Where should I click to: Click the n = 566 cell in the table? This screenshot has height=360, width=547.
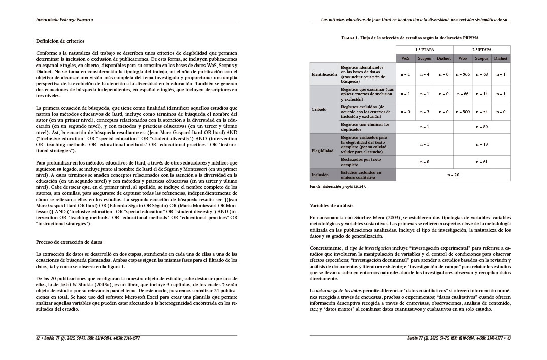pos(463,74)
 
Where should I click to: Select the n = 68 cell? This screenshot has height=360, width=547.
pos(482,74)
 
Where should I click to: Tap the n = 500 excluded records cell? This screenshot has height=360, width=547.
pos(463,112)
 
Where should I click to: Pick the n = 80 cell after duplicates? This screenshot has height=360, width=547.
pos(482,126)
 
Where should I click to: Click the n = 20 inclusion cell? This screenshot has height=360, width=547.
pos(453,175)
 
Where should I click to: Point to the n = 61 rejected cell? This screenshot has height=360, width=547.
pos(482,161)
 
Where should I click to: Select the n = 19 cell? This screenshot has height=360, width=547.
pos(482,144)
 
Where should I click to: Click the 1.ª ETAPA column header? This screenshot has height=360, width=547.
pos(424,50)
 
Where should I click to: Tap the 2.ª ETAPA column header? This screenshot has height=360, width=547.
pos(482,50)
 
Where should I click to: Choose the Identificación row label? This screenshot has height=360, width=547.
pos(324,74)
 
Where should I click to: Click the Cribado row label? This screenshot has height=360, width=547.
pos(319,109)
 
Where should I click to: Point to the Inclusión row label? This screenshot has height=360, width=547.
pos(320,175)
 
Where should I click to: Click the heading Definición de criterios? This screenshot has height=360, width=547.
pos(60,41)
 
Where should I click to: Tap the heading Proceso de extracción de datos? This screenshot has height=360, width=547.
pos(70,242)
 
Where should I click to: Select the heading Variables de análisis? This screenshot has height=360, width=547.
pos(331,205)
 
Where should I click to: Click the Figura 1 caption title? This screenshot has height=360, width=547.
pos(410,38)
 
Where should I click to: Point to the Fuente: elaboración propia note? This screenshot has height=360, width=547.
pos(337,187)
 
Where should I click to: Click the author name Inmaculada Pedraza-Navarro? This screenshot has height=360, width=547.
pos(64,20)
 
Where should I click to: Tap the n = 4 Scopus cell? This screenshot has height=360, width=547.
pos(424,74)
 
